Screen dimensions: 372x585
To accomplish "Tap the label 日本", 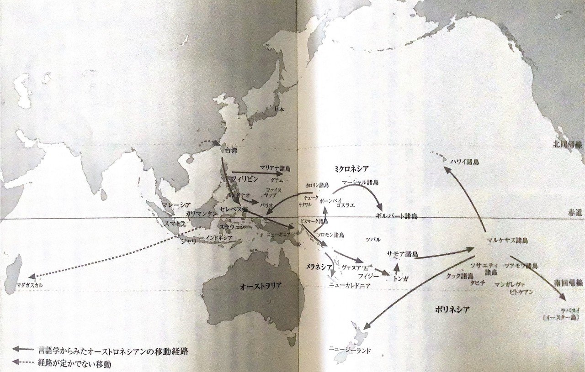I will tap(279, 110).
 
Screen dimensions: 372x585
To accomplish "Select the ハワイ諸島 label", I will tap(464, 162).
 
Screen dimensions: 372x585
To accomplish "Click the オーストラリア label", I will tap(261, 286).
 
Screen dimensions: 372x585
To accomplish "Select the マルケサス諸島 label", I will tap(507, 240).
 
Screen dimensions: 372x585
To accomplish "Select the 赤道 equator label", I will tap(572, 214).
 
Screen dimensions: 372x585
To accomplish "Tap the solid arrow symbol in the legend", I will tap(23, 349).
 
